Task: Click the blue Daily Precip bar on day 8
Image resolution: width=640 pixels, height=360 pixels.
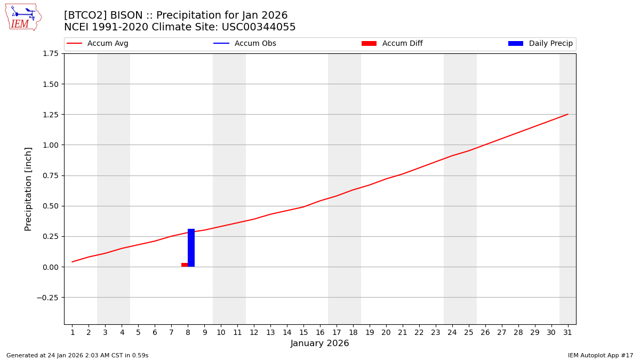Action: (x=191, y=248)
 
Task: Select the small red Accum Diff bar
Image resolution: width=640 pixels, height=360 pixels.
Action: (x=185, y=265)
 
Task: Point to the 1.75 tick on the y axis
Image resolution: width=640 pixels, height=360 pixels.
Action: (x=50, y=53)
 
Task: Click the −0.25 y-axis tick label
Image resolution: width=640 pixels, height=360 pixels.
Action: (x=48, y=298)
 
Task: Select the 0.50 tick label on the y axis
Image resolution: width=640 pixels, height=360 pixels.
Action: (x=50, y=206)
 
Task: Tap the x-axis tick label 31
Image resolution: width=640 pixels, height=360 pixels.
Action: (x=567, y=332)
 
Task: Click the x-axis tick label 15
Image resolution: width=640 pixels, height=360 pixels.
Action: (x=303, y=332)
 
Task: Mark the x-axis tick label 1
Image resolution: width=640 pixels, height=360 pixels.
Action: (x=73, y=332)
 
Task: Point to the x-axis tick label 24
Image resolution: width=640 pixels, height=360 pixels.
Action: (x=452, y=332)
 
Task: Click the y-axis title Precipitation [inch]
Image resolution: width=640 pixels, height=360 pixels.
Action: (x=29, y=189)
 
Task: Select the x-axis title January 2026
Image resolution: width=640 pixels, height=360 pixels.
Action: (x=320, y=343)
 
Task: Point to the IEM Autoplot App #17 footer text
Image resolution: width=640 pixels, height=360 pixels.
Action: (x=601, y=355)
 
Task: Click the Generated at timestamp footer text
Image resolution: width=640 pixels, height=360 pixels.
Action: (x=77, y=355)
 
